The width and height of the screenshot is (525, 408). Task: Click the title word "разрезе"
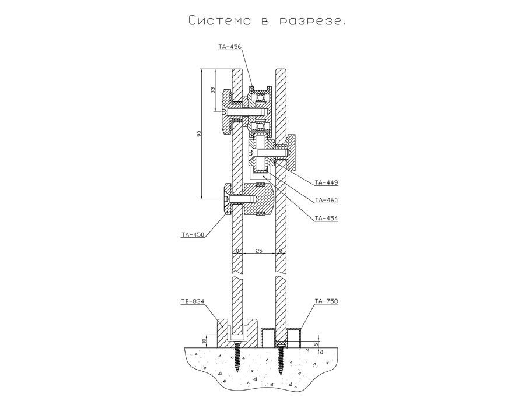[311, 22]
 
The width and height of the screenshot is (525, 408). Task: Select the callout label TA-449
[326, 182]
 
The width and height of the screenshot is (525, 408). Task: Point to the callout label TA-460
[326, 201]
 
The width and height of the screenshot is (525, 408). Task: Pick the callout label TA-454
[326, 219]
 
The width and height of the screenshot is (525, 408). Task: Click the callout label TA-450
[192, 235]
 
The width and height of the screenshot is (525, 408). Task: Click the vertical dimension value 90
[199, 134]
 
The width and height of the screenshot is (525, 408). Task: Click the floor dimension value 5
[316, 344]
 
